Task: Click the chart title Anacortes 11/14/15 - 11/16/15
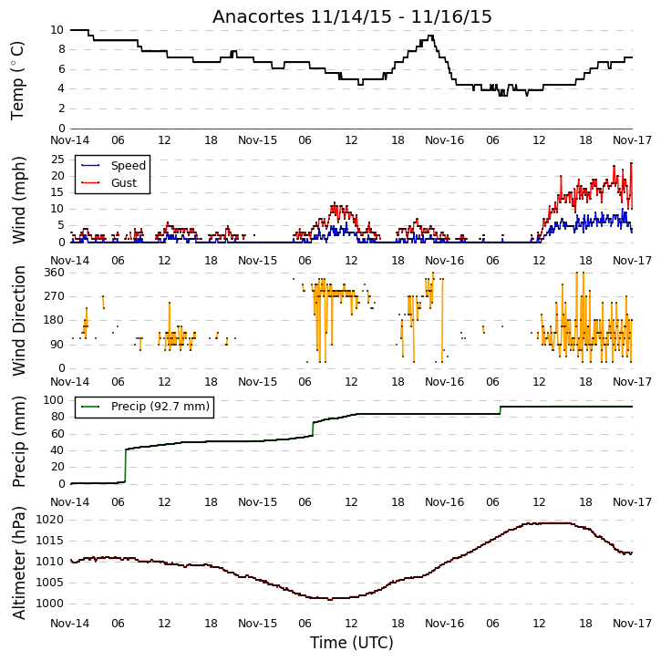[x=352, y=16]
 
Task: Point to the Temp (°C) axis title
[x=17, y=80]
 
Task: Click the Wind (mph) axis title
[x=18, y=200]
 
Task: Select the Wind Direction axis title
[x=18, y=320]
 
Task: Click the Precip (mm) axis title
[x=18, y=442]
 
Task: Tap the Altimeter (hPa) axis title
[x=18, y=563]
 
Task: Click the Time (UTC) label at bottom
[x=352, y=643]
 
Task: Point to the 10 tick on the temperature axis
[x=57, y=30]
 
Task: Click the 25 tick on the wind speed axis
[x=57, y=160]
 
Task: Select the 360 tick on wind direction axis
[x=55, y=273]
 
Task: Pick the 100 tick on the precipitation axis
[x=54, y=399]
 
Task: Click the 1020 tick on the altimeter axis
[x=50, y=520]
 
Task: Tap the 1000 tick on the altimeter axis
[x=50, y=604]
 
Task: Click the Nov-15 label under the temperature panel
[x=258, y=140]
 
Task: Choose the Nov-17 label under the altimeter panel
[x=632, y=624]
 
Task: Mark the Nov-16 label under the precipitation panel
[x=444, y=502]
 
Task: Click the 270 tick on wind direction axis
[x=55, y=296]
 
